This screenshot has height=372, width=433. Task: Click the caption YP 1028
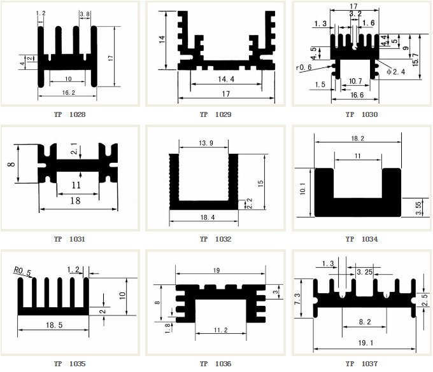(70, 115)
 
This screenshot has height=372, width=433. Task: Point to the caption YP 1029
(215, 115)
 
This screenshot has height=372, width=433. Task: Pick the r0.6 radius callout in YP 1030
(303, 67)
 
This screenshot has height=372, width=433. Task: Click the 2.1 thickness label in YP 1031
(74, 151)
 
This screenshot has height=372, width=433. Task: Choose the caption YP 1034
(361, 240)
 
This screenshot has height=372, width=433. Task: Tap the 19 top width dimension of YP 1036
(217, 270)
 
